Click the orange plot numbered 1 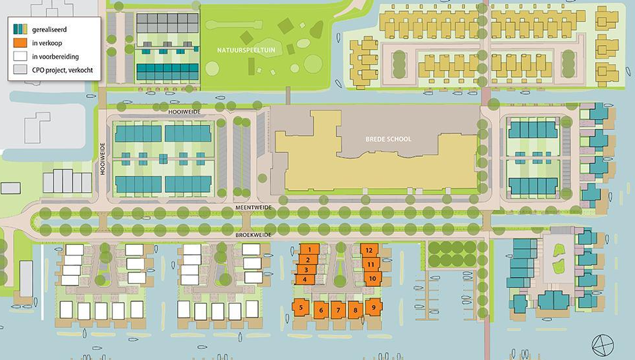(x=308, y=250)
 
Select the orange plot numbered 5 (x=301, y=307)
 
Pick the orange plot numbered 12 (x=370, y=250)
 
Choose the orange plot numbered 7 (x=337, y=310)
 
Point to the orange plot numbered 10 (x=372, y=278)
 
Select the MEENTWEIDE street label (x=254, y=207)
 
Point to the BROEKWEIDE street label (x=254, y=232)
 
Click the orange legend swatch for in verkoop (x=20, y=42)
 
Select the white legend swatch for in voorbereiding (x=20, y=56)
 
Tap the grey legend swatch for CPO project (x=20, y=69)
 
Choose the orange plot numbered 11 (x=370, y=265)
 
